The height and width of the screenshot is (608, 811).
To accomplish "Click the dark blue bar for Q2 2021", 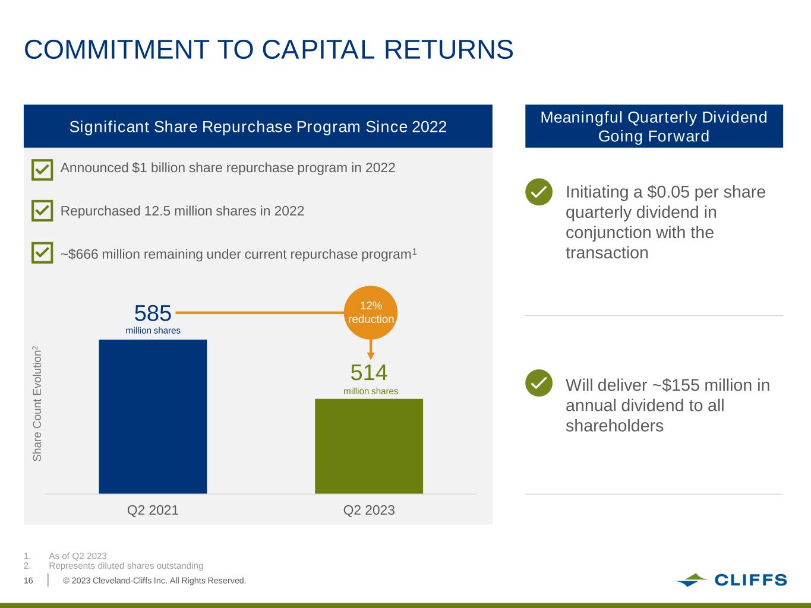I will point(153,416).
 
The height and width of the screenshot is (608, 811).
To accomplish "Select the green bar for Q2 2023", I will point(369,446).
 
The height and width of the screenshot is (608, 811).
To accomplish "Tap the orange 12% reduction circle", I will point(371,312).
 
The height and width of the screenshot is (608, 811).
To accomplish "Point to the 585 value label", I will point(153,313).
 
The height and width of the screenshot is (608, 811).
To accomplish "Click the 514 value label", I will point(369,373).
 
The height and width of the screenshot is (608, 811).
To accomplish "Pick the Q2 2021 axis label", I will point(153,510).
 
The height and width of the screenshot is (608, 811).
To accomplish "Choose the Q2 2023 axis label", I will point(369,510).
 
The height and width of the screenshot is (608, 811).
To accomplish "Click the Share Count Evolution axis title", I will point(37,403).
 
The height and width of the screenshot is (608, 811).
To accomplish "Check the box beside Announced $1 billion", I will point(42,169).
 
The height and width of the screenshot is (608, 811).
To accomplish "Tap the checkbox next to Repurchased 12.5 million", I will point(42,211).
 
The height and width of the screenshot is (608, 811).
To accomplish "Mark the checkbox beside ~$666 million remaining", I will point(42,254).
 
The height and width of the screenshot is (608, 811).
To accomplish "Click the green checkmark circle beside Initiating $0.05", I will point(539,192).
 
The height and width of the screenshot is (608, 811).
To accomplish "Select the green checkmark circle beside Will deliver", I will point(539,383).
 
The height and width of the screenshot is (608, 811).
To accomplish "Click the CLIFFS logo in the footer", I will point(731,580).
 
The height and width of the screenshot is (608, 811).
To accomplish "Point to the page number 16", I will point(29,581).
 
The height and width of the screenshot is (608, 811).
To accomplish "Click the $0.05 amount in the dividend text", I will point(669,192).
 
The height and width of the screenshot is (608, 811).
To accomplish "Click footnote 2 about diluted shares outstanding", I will point(126,566).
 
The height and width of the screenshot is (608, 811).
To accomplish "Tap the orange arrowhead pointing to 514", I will point(371,356).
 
